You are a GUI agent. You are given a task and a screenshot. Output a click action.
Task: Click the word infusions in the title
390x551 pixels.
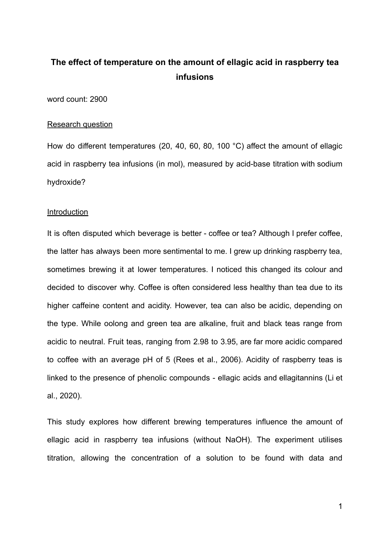pos(195,77)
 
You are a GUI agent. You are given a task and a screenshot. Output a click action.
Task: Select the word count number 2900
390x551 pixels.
pos(99,99)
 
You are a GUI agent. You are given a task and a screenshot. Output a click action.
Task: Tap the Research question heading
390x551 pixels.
pos(80,124)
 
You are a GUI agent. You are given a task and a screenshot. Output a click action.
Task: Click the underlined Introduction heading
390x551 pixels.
pos(68,212)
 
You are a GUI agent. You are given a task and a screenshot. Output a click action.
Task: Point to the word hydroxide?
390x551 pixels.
pos(66,182)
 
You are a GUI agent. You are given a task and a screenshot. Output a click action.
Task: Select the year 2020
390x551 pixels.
pos(70,396)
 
